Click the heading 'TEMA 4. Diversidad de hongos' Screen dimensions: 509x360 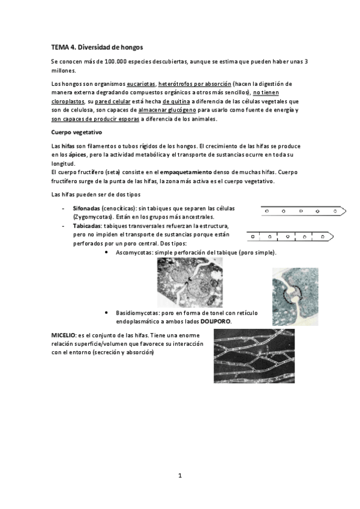point(97,46)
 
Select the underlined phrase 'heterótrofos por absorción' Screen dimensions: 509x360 point(194,83)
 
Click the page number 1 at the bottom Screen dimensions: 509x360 point(179,475)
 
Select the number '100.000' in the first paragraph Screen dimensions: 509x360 point(119,61)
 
